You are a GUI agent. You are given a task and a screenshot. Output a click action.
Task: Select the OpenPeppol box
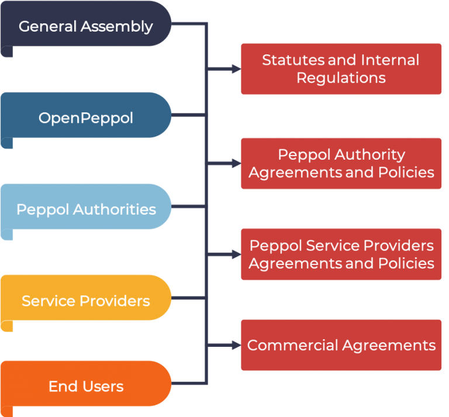[x=86, y=117]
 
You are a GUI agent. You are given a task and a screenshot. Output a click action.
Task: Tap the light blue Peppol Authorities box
[x=86, y=208]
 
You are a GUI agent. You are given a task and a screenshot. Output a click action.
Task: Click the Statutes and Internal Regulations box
[x=341, y=68]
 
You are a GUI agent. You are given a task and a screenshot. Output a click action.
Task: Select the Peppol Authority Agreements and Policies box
[x=341, y=163]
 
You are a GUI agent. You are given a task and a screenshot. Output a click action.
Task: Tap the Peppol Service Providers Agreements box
[x=341, y=254]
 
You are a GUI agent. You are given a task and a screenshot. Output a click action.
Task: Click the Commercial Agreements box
[x=341, y=345]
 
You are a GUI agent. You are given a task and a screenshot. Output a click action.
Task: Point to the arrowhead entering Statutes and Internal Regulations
[x=236, y=69]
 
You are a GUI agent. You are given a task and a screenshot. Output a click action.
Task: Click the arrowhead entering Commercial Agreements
[x=236, y=345]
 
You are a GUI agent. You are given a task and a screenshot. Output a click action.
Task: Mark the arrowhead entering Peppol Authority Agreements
[x=236, y=163]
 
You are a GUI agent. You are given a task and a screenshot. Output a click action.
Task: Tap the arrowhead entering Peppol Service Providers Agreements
[x=236, y=254]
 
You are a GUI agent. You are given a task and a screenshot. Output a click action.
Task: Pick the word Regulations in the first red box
[x=341, y=78]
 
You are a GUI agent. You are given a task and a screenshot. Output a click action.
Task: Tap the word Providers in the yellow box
[x=115, y=301]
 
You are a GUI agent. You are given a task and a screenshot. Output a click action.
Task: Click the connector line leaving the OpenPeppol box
[x=188, y=115]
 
